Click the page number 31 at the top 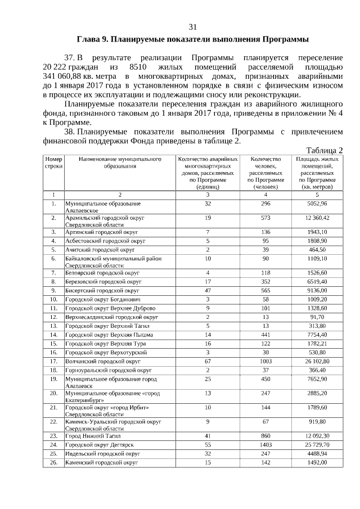[192, 27]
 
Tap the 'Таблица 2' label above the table [324, 150]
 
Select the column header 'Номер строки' [53, 163]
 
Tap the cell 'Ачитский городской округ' [100, 249]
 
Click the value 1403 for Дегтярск [266, 444]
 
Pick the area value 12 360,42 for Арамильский [317, 218]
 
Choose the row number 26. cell [53, 462]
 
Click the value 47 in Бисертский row [208, 291]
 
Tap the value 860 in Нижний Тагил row [266, 435]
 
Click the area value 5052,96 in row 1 [317, 203]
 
